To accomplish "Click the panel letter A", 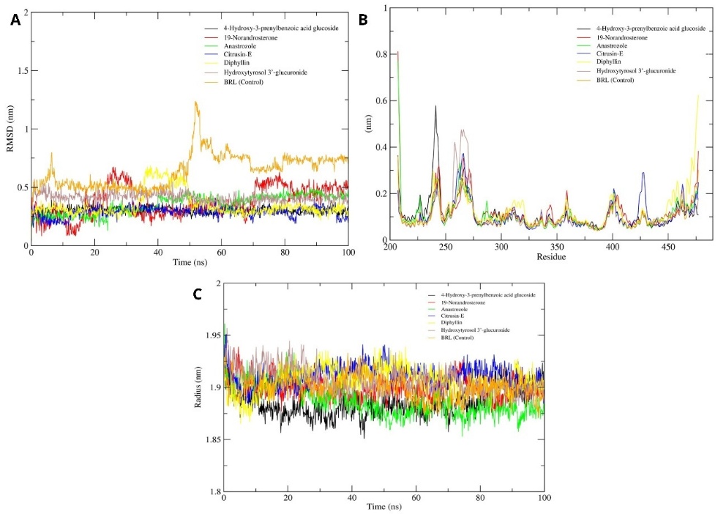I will (x=15, y=21).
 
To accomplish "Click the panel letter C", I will (x=197, y=294).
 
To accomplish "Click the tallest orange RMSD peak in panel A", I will (x=196, y=103).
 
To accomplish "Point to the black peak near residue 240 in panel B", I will (x=435, y=106).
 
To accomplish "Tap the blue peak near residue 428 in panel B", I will (x=643, y=173).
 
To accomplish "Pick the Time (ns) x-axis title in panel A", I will (x=190, y=261).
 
